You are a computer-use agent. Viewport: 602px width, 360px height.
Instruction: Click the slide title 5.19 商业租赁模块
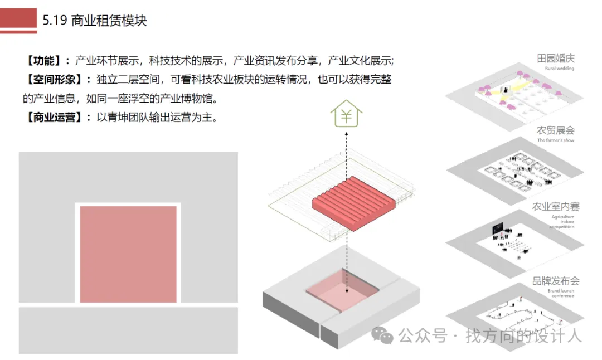click(x=94, y=21)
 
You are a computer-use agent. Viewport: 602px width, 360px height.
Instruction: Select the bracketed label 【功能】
click(x=45, y=61)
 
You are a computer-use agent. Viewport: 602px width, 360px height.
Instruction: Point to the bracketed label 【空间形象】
click(x=54, y=79)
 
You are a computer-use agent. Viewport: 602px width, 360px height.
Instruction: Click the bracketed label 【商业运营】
click(x=54, y=118)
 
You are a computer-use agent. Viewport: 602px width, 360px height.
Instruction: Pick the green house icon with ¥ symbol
click(x=346, y=115)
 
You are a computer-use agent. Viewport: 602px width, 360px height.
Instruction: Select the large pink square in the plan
click(x=128, y=254)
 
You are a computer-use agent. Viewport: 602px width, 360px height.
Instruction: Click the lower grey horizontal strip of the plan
click(x=128, y=330)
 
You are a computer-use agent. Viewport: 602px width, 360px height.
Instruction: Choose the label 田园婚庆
click(x=555, y=59)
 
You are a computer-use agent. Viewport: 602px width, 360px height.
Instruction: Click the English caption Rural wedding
click(x=559, y=69)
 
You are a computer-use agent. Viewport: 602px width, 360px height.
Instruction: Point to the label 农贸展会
click(x=555, y=130)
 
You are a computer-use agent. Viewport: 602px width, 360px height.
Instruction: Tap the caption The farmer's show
click(x=555, y=140)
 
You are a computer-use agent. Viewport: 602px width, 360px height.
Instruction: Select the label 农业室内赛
click(x=556, y=206)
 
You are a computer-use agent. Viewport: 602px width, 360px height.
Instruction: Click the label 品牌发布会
click(x=556, y=281)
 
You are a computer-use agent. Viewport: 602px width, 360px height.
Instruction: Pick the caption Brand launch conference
click(x=560, y=293)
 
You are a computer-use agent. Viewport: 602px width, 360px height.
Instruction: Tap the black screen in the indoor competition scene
click(x=497, y=229)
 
